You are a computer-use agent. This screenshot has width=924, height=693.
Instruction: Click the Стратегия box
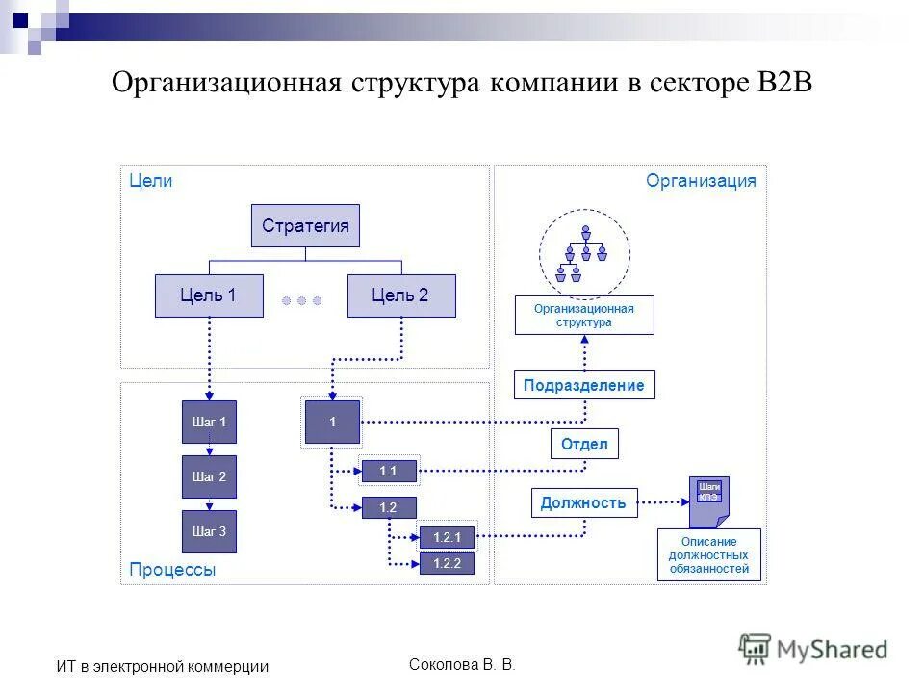click(x=305, y=226)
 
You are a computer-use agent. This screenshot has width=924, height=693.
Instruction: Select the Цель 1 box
click(x=209, y=295)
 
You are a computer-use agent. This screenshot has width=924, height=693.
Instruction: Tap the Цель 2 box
click(x=400, y=295)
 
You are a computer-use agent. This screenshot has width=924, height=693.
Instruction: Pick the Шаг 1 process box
click(x=209, y=422)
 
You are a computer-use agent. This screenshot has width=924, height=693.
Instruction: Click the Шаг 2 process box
click(x=209, y=476)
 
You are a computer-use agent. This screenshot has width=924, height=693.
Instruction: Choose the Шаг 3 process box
click(x=209, y=531)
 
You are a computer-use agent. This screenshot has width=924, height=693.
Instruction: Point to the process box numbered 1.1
click(x=389, y=471)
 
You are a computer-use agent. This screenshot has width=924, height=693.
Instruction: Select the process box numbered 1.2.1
click(x=448, y=538)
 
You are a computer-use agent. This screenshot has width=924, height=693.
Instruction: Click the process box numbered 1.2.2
click(x=448, y=564)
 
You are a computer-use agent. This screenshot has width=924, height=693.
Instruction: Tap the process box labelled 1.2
click(x=389, y=507)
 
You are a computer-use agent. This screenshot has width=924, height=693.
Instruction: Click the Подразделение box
click(x=584, y=385)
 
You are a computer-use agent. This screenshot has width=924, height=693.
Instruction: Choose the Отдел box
click(x=584, y=444)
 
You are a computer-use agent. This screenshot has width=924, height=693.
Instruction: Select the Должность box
click(x=584, y=502)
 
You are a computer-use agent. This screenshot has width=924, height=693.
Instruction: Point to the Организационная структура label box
click(x=584, y=316)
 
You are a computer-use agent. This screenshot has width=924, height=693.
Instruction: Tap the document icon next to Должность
click(x=709, y=501)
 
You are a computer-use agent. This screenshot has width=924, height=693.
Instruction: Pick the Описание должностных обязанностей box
click(x=709, y=555)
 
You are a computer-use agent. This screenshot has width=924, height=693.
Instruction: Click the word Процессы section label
click(x=173, y=570)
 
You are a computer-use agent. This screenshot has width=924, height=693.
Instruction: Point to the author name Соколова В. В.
click(x=462, y=664)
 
